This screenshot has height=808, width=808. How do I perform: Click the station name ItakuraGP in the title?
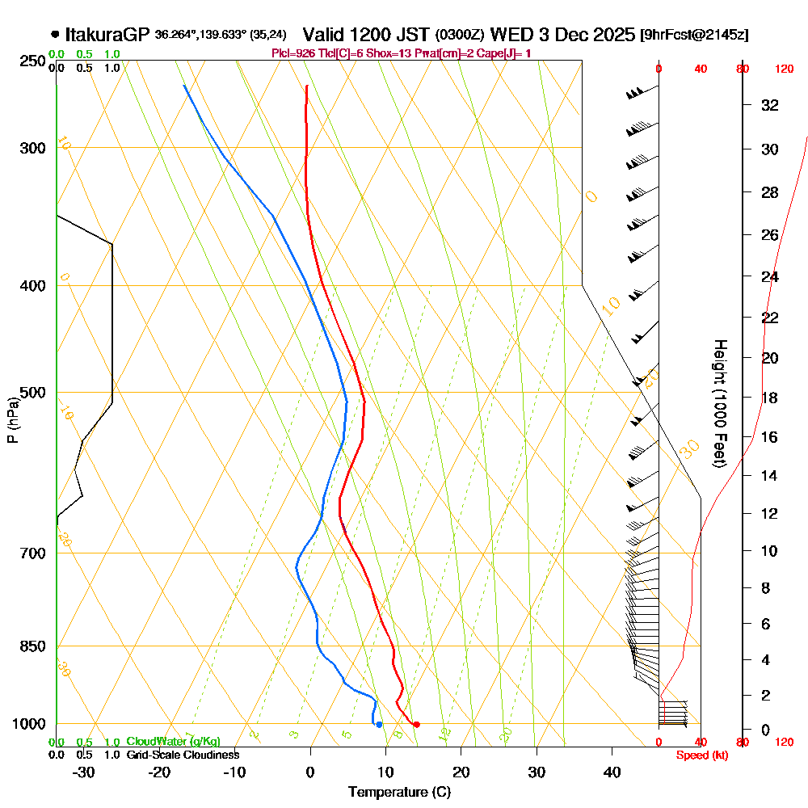107,35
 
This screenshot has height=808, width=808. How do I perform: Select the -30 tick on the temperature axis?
84,772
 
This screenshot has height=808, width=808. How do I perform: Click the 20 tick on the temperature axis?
461,772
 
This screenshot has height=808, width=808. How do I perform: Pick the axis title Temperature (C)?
399,792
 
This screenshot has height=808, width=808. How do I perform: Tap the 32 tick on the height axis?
770,105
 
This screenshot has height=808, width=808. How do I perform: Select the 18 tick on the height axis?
770,398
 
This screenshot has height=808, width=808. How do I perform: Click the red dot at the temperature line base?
416,724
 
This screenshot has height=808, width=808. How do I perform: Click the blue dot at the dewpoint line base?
379,724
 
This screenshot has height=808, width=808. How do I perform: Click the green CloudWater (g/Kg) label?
173,742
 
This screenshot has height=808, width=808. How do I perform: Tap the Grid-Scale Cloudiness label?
183,755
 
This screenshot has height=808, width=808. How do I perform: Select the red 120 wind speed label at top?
784,69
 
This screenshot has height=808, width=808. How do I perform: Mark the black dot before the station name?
55,35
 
